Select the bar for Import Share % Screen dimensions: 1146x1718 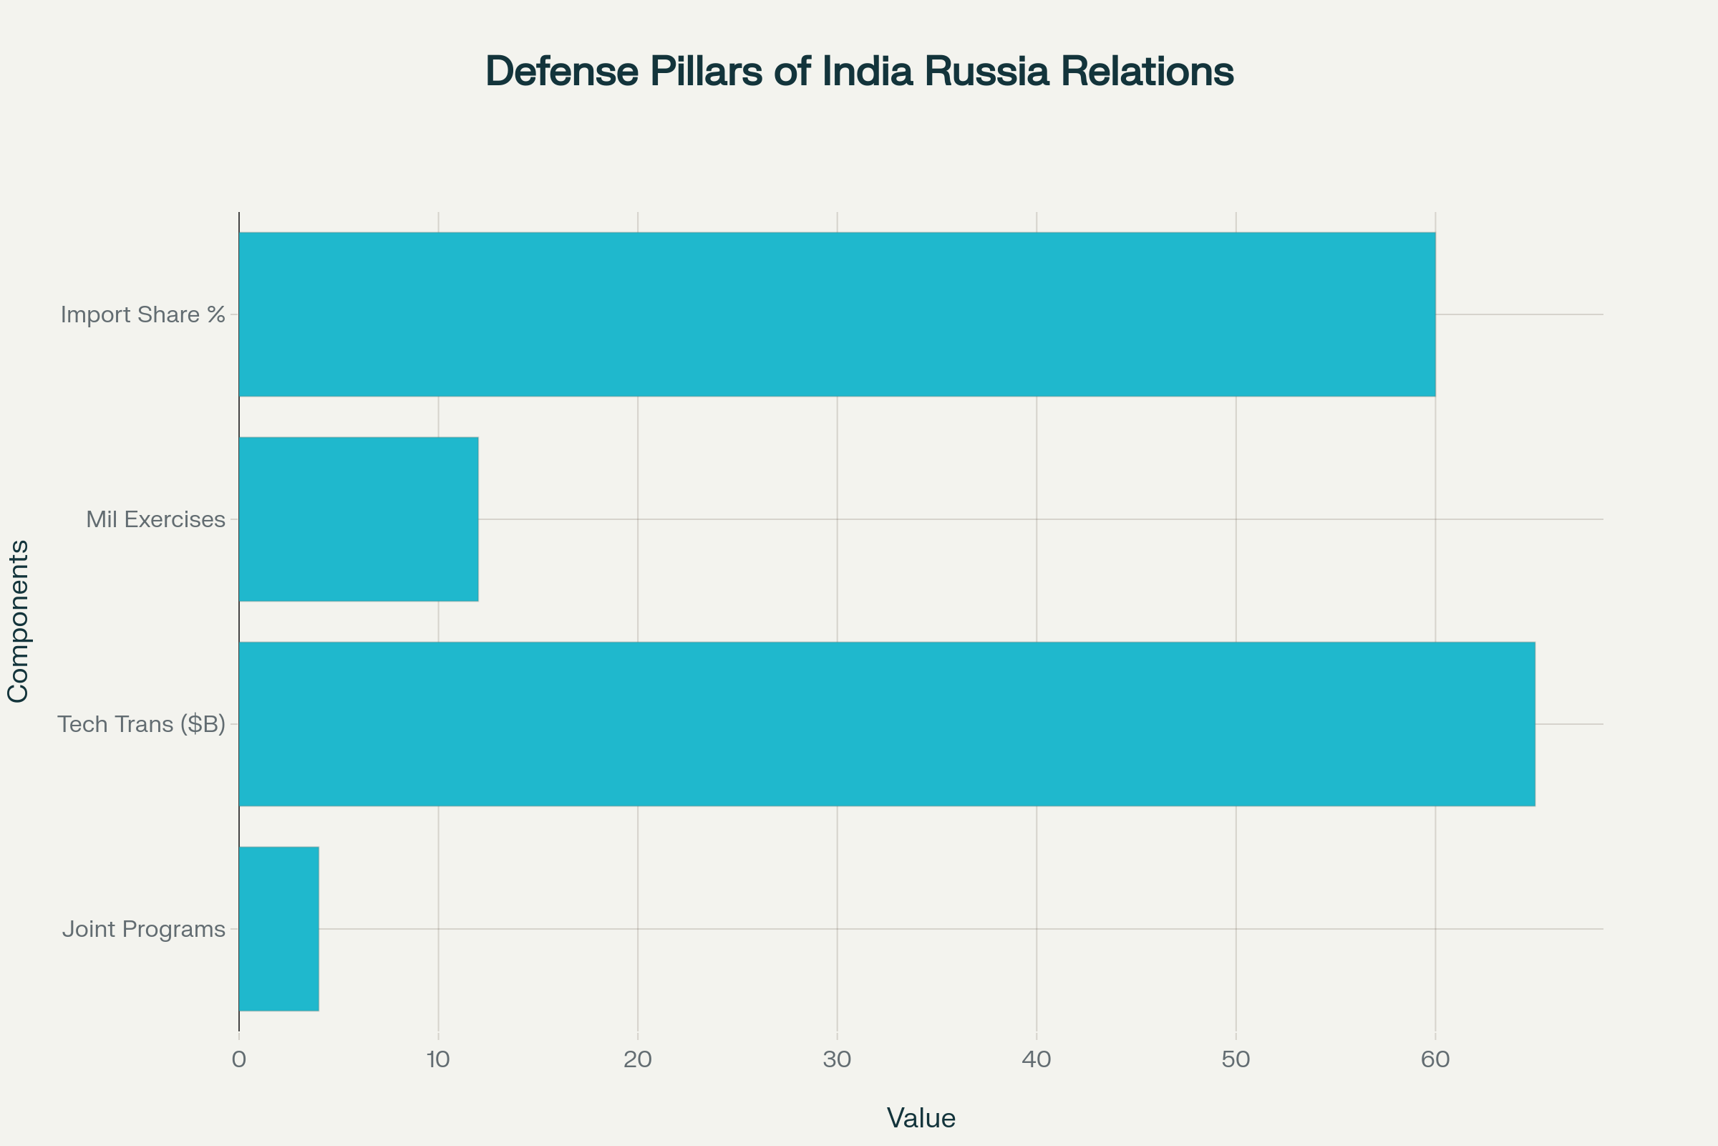pos(837,314)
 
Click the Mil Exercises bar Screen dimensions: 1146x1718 pos(359,519)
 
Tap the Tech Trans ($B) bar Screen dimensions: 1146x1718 pos(887,723)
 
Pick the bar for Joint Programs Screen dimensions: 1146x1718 pos(279,929)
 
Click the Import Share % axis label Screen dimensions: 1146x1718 pos(143,315)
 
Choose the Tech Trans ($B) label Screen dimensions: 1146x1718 pos(142,724)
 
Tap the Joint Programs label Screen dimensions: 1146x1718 pos(144,930)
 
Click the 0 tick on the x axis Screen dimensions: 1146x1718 pos(239,1060)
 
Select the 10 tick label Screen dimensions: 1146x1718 pos(438,1060)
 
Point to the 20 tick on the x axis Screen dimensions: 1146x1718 pos(638,1060)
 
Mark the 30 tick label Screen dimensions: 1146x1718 pos(837,1060)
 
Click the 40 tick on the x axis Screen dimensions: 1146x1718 pos(1037,1060)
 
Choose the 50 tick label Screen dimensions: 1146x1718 pos(1236,1060)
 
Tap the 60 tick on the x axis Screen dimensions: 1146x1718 pos(1435,1060)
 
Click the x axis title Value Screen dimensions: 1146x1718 pos(921,1118)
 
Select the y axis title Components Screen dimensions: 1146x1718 pos(19,621)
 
